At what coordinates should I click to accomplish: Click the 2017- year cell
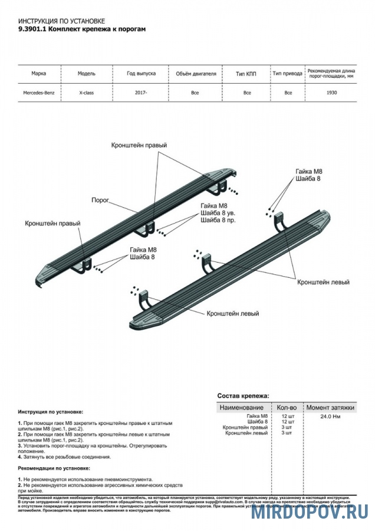click(x=140, y=93)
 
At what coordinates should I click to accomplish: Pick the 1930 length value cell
click(x=331, y=93)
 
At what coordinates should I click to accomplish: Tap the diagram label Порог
click(x=100, y=201)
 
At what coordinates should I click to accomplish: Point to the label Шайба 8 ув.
click(x=218, y=213)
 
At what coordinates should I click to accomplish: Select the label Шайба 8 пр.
click(x=218, y=220)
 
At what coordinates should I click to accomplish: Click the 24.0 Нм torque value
click(x=330, y=416)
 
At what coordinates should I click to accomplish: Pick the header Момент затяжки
click(x=330, y=407)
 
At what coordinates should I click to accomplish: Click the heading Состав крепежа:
click(x=243, y=395)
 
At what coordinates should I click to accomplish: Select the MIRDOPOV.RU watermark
click(x=310, y=511)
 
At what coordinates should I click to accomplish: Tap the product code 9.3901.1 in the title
click(x=32, y=28)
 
